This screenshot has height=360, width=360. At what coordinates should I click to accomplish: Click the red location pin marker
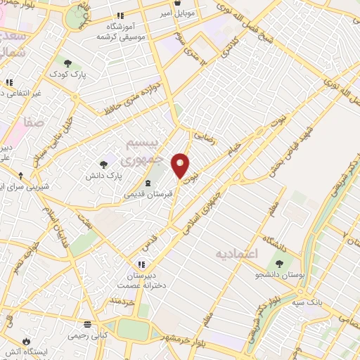tap(181, 166)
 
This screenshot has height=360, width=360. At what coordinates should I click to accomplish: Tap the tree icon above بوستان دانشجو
tap(280, 264)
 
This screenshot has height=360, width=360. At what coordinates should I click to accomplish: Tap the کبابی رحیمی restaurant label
tap(88, 335)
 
